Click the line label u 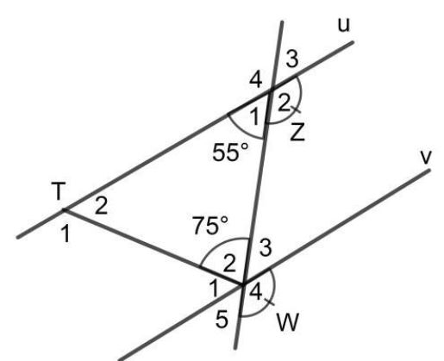pyautogui.click(x=344, y=25)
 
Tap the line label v pyautogui.click(x=426, y=157)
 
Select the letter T pyautogui.click(x=59, y=190)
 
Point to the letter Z pyautogui.click(x=297, y=133)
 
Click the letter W pyautogui.click(x=288, y=322)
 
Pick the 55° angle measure pyautogui.click(x=230, y=152)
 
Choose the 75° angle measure pyautogui.click(x=210, y=226)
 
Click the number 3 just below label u pyautogui.click(x=292, y=59)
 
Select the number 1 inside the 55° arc pyautogui.click(x=254, y=116)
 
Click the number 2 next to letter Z pyautogui.click(x=284, y=103)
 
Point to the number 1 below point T pyautogui.click(x=66, y=233)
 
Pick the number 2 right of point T pyautogui.click(x=101, y=205)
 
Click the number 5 pyautogui.click(x=222, y=320)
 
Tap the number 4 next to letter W pyautogui.click(x=256, y=292)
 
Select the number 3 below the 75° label pyautogui.click(x=266, y=247)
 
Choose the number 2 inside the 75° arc pyautogui.click(x=229, y=264)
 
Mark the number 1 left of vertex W pyautogui.click(x=214, y=289)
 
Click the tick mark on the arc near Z pyautogui.click(x=296, y=109)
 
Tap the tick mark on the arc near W pyautogui.click(x=270, y=302)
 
